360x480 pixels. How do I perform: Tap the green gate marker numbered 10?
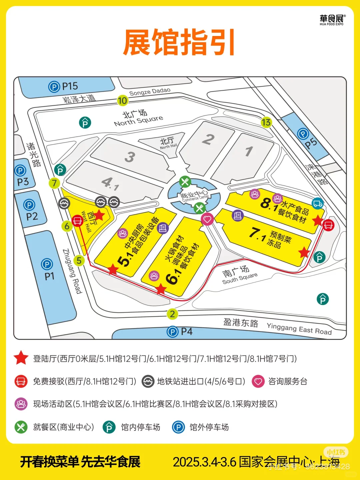click(x=122, y=100)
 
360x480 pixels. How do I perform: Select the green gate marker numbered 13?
click(x=266, y=122)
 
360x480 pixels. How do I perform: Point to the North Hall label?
click(x=168, y=143)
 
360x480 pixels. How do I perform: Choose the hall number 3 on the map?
click(x=130, y=157)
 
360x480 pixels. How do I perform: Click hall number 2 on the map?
click(x=208, y=139)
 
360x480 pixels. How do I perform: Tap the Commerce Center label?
click(x=195, y=196)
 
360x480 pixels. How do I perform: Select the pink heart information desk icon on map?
click(x=207, y=219)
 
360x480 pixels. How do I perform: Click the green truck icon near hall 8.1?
click(x=318, y=203)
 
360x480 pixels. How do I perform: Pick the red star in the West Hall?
click(x=99, y=215)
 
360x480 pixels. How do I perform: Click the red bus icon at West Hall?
click(x=77, y=220)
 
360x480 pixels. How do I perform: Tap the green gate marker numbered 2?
click(x=172, y=314)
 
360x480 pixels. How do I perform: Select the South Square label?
click(x=239, y=275)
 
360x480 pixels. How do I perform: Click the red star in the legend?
click(x=21, y=358)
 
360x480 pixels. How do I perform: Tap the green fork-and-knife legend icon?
click(x=21, y=427)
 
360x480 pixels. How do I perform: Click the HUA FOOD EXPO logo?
click(x=331, y=20)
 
